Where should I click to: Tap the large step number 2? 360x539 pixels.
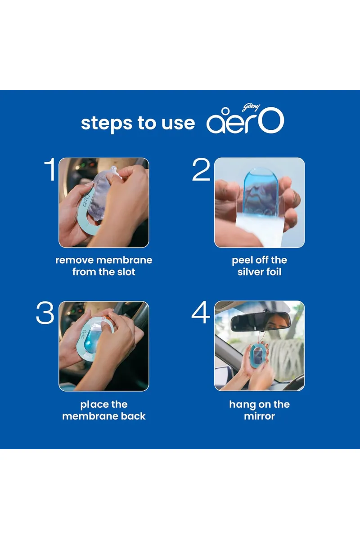pyautogui.click(x=201, y=169)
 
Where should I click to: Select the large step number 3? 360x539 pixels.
pyautogui.click(x=45, y=313)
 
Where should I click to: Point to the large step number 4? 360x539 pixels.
pyautogui.click(x=201, y=312)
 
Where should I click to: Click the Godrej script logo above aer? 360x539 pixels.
pyautogui.click(x=251, y=107)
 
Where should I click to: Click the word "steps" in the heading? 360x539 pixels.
pyautogui.click(x=107, y=123)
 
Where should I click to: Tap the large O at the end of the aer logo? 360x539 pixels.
pyautogui.click(x=271, y=120)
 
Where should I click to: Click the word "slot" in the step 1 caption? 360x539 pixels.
pyautogui.click(x=126, y=272)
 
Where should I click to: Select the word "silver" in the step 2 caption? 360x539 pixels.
pyautogui.click(x=250, y=272)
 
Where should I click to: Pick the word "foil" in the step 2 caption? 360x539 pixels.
pyautogui.click(x=273, y=272)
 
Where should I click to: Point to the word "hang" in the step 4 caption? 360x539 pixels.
pyautogui.click(x=240, y=405)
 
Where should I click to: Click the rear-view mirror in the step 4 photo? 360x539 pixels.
pyautogui.click(x=261, y=322)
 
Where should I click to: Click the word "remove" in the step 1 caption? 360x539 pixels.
pyautogui.click(x=75, y=261)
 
